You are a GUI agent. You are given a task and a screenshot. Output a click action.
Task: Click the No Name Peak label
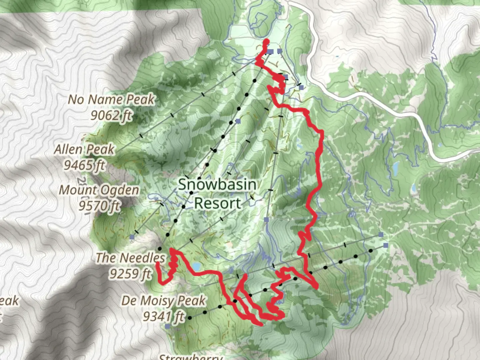point(111,99)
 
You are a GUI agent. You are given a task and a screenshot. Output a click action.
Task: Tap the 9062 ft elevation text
point(111,115)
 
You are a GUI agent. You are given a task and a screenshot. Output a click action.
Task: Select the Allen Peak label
point(84,149)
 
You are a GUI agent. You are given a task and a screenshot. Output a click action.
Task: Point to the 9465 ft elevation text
point(84,165)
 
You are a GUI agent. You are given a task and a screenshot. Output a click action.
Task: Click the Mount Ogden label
point(99,190)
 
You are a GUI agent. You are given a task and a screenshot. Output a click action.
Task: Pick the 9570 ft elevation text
point(99,206)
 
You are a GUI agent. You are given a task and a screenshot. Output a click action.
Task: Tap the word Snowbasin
point(217,185)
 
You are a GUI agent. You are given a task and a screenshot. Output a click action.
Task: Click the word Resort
point(218,203)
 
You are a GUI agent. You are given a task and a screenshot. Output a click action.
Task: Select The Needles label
point(130,258)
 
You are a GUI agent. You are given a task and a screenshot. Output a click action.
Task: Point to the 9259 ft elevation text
point(130,274)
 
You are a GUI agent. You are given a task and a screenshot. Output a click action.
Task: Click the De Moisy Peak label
point(163,301)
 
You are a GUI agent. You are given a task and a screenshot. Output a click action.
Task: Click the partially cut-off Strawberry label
point(191,357)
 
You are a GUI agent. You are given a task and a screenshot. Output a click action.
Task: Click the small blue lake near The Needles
point(196,266)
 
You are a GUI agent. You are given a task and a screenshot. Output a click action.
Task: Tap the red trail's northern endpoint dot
point(266,41)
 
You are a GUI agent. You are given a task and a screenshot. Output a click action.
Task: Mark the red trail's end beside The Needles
point(158,263)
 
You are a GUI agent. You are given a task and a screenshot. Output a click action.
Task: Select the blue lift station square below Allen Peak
point(132,237)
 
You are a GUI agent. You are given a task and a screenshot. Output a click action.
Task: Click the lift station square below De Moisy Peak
point(167,327)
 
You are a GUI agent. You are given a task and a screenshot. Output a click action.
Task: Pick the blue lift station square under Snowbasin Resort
point(266,220)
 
